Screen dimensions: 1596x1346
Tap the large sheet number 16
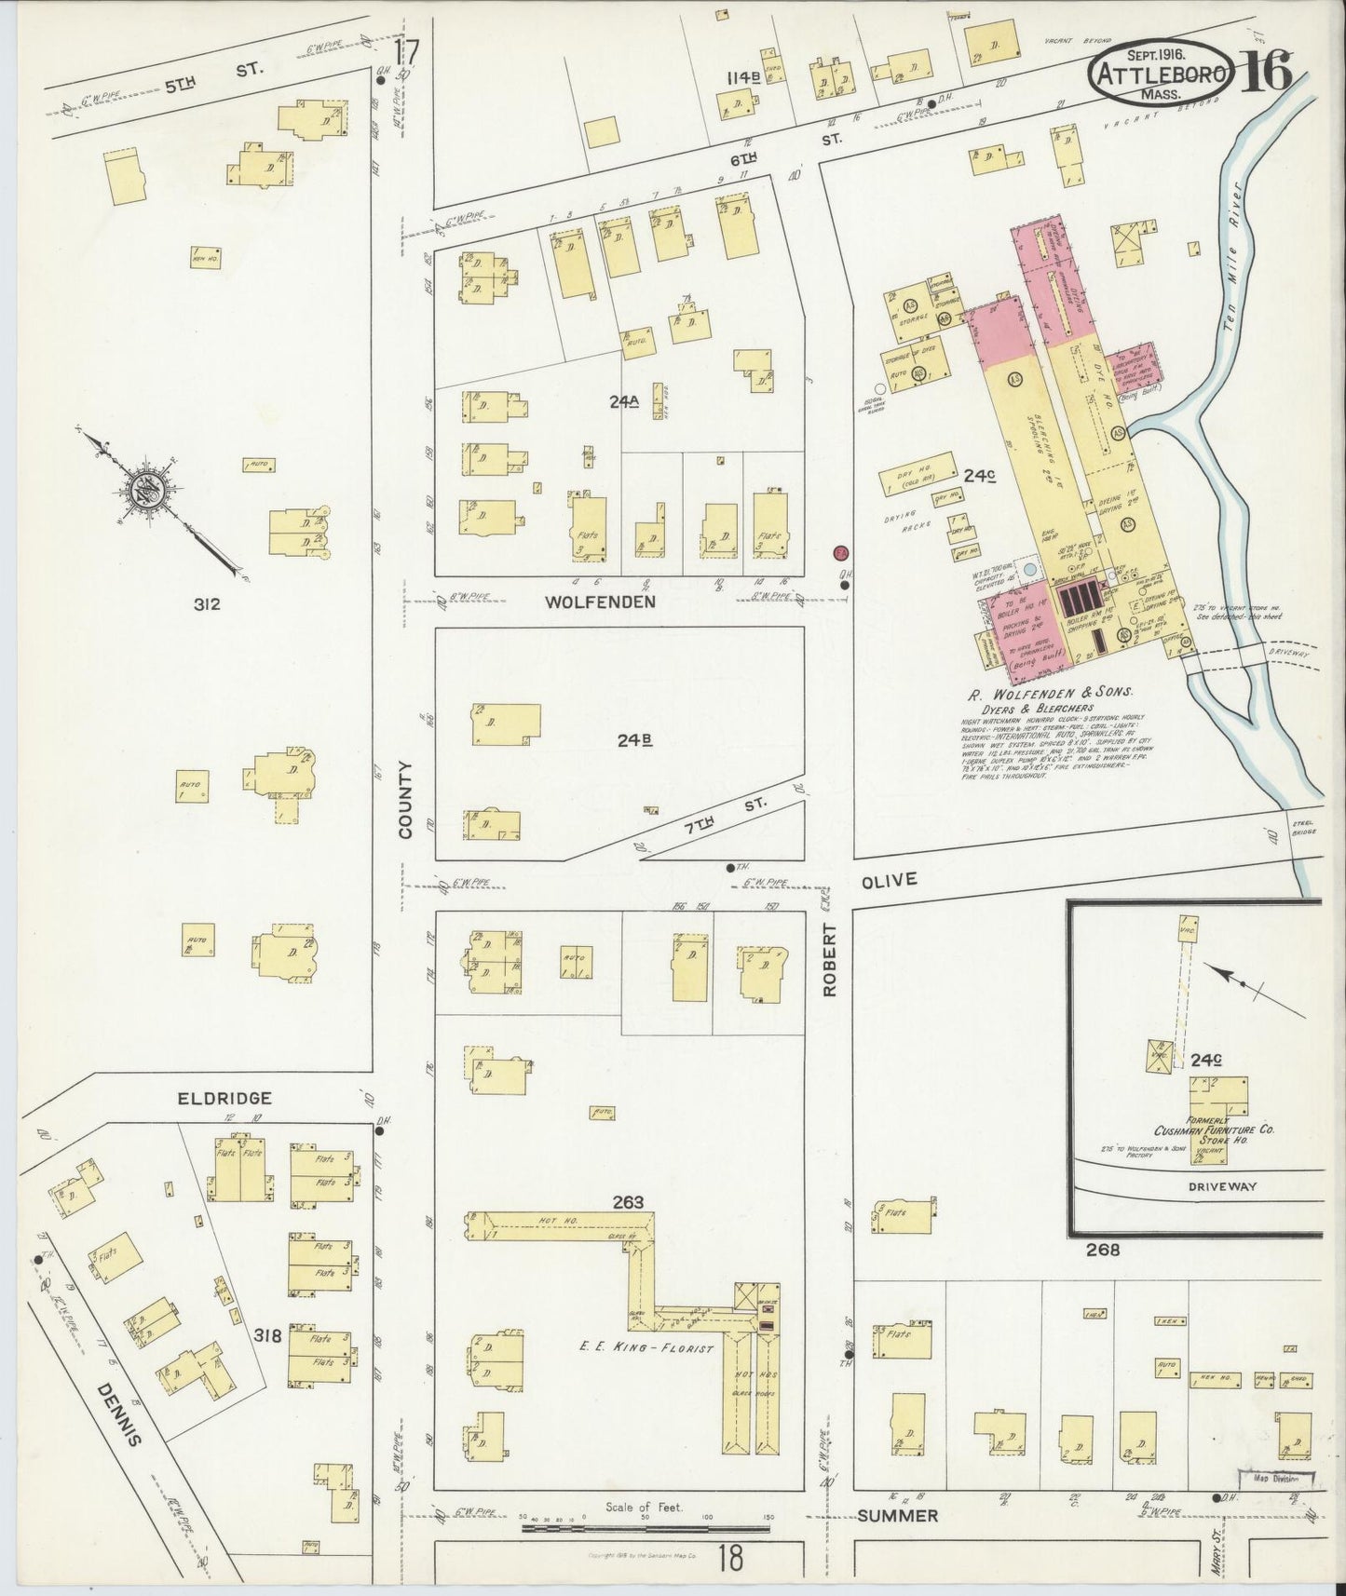1265,71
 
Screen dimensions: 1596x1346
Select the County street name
405,800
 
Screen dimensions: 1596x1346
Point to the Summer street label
897,1516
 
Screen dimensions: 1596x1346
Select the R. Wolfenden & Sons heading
1051,692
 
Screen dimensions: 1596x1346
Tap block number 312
207,604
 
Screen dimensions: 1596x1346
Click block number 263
629,1202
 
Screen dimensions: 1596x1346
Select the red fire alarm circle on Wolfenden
840,552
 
